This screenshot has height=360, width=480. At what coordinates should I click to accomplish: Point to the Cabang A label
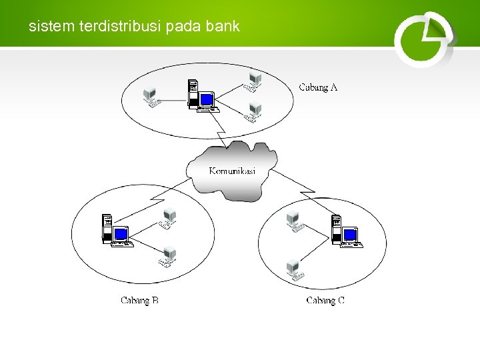pyautogui.click(x=318, y=87)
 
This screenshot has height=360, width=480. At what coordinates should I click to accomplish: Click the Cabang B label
pyautogui.click(x=139, y=301)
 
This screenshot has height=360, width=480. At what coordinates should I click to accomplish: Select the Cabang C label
pyautogui.click(x=325, y=301)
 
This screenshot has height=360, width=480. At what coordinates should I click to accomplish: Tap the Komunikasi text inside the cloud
pyautogui.click(x=232, y=171)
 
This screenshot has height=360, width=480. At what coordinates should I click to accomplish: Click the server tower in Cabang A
pyautogui.click(x=193, y=93)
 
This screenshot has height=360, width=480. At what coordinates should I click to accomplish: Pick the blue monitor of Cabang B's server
pyautogui.click(x=121, y=234)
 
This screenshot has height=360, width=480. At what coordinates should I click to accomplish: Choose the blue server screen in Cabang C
pyautogui.click(x=351, y=235)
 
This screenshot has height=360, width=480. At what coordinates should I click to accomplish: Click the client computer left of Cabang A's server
pyautogui.click(x=152, y=97)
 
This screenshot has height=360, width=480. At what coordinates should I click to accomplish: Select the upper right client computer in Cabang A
pyautogui.click(x=253, y=81)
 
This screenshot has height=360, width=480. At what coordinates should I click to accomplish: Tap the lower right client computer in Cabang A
pyautogui.click(x=253, y=112)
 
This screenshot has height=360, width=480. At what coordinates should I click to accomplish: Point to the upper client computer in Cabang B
pyautogui.click(x=168, y=217)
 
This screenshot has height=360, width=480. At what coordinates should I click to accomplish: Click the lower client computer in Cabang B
pyautogui.click(x=169, y=257)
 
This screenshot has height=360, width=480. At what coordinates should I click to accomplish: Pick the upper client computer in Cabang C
pyautogui.click(x=293, y=220)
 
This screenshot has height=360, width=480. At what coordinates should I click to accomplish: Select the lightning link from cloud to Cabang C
pyautogui.click(x=297, y=184)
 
